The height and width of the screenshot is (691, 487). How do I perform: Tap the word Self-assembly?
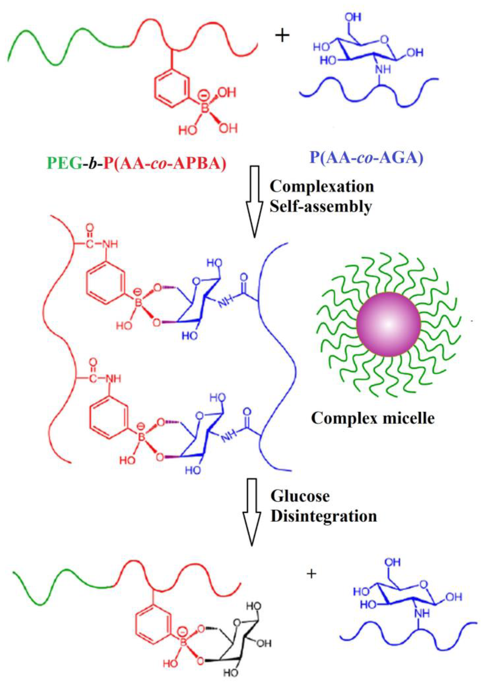[x=321, y=207]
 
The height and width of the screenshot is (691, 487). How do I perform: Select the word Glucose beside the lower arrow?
[x=300, y=496]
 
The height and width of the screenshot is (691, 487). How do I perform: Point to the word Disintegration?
[x=324, y=517]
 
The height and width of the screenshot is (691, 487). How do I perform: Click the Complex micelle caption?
[x=373, y=418]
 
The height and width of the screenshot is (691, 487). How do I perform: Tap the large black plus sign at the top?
[x=282, y=36]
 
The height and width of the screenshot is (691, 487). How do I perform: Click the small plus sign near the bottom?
[x=311, y=574]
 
